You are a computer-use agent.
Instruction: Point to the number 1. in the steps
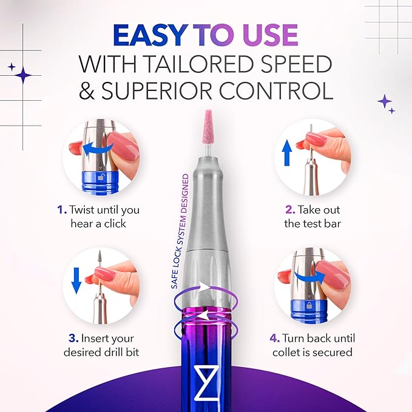(62, 210)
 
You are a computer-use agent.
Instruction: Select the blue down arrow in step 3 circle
(76, 279)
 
